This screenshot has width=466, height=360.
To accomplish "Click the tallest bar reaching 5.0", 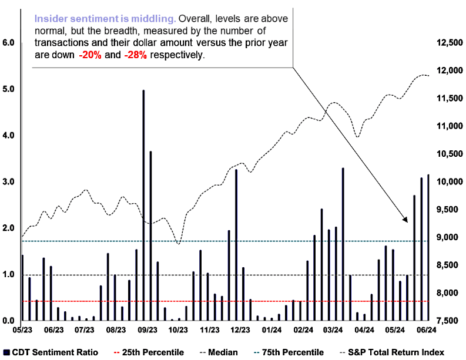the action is point(143,205).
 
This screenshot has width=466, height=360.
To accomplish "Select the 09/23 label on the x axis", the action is point(147,330).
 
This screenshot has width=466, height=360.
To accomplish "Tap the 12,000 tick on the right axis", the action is point(450,70).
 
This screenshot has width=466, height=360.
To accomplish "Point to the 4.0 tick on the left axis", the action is point(8,136).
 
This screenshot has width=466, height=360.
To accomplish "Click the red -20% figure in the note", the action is point(90,55).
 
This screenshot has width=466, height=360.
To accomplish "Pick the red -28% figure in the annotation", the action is point(135,55).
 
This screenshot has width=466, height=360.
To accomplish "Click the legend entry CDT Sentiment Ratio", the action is point(51,352).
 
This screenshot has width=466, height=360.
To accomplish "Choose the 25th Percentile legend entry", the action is point(149,352).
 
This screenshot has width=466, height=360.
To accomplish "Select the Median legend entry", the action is point(219,352).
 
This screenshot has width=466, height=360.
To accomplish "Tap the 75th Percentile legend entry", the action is point(289,352).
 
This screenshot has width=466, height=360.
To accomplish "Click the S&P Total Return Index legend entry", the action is point(392,352).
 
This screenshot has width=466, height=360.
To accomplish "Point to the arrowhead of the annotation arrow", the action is point(407,221).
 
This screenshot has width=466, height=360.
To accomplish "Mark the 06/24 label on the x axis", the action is point(427,330).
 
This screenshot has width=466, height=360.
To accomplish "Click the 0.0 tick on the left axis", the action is point(8,321).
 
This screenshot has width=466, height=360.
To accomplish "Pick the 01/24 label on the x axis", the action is point(271,330).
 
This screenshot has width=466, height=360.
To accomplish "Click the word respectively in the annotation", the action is point(177,55).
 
